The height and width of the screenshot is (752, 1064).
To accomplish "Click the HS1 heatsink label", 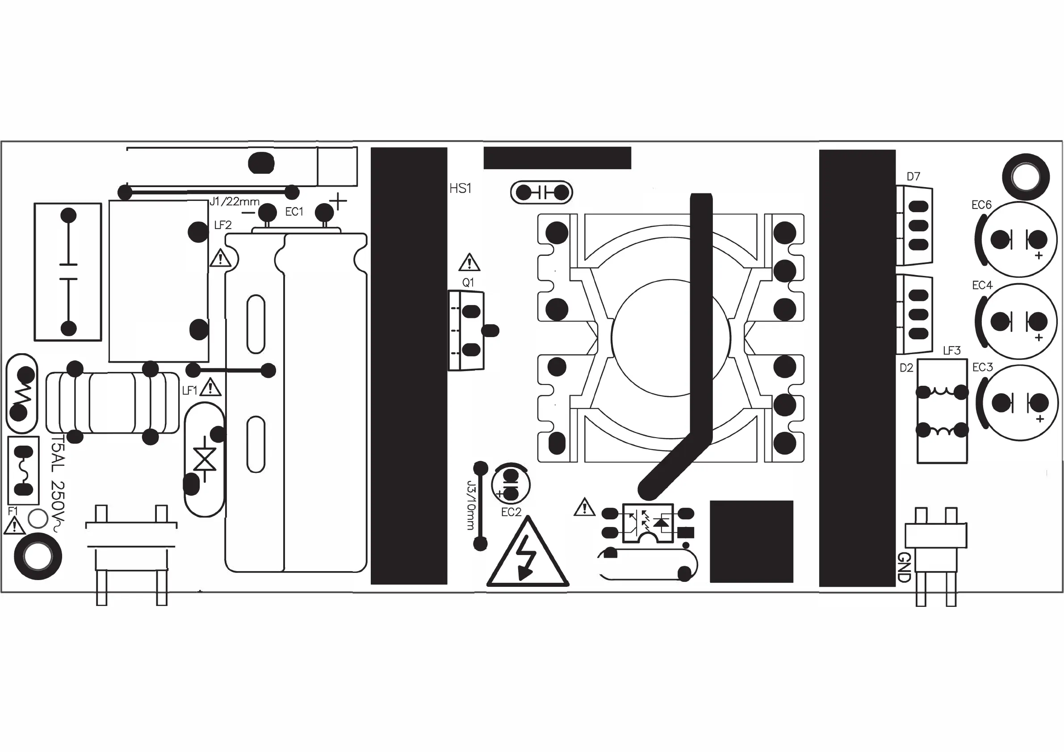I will (x=460, y=188).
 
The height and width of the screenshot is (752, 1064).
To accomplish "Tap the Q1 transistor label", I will (x=468, y=283).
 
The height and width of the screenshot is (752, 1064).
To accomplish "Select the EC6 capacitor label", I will (x=981, y=205).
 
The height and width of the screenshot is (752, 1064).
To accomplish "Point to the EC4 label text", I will (x=982, y=285).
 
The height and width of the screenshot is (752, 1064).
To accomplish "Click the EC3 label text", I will (x=982, y=368).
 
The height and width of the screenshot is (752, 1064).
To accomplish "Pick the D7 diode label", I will (x=913, y=176).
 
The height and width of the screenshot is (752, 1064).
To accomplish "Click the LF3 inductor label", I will (x=952, y=351).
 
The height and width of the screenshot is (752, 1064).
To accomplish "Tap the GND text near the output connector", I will (x=904, y=567).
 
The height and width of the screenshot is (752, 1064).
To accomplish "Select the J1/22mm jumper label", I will (x=235, y=201).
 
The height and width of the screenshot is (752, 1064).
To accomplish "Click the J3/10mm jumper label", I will (x=471, y=505).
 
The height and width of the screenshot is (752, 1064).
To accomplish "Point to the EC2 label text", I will (x=511, y=512).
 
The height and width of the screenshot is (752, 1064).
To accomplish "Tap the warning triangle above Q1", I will (x=469, y=263).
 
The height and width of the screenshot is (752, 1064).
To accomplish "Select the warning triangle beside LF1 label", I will (x=210, y=387).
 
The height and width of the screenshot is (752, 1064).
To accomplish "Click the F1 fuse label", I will (x=13, y=511).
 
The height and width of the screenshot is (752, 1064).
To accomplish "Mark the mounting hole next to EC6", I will (x=1026, y=176).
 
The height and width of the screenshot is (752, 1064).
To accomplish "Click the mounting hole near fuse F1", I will (x=38, y=556).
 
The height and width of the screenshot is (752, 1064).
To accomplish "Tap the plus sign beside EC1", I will (x=338, y=201).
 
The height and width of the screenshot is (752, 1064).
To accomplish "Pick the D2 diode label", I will (x=906, y=368).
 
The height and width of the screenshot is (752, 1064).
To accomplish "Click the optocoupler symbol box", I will (x=647, y=523).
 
